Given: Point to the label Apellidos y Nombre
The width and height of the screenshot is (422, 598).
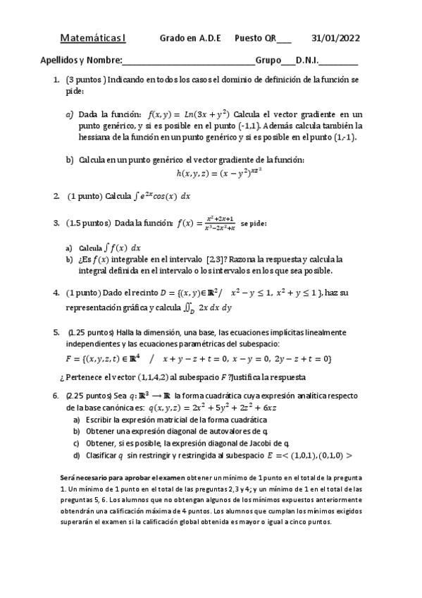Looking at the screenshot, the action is point(81,61).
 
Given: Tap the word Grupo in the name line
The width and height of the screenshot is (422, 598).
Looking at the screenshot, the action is point(267,61).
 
